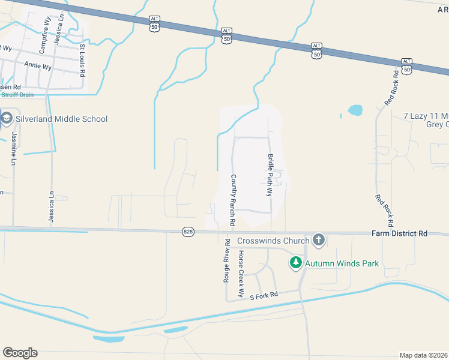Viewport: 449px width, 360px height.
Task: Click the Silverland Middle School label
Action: tap(61, 119)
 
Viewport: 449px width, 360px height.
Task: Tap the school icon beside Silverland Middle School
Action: tap(7, 118)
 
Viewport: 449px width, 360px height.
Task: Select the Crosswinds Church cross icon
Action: tap(318, 241)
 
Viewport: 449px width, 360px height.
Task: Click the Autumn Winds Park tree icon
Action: tap(295, 263)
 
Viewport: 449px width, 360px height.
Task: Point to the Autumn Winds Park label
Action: tap(342, 263)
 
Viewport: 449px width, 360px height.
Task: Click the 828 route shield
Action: tap(188, 232)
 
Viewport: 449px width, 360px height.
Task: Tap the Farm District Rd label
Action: tap(399, 233)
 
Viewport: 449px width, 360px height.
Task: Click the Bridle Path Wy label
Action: tap(270, 175)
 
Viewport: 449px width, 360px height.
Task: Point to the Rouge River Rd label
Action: tap(227, 260)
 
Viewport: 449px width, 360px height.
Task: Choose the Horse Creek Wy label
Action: tap(241, 274)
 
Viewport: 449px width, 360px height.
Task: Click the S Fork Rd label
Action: tap(264, 295)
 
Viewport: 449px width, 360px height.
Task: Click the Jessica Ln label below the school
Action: tap(52, 207)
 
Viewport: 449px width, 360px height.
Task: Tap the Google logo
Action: tap(20, 352)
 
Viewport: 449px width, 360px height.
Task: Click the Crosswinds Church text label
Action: tap(273, 241)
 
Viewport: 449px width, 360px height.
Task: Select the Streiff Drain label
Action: tap(17, 95)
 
